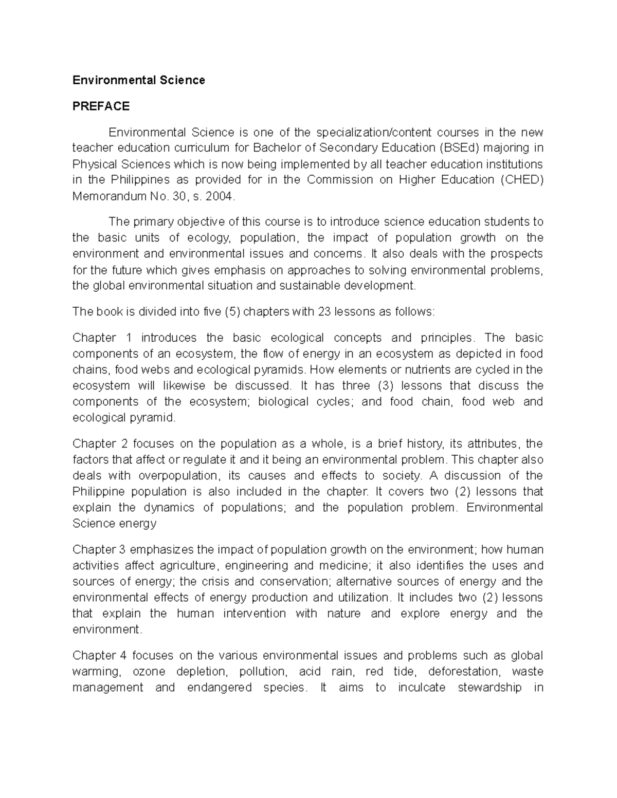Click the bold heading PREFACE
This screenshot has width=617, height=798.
[x=101, y=106]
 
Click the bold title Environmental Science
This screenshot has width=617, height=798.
[x=138, y=80]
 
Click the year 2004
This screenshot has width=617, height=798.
[x=221, y=196]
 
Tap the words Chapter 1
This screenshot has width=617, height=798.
[x=102, y=338]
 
